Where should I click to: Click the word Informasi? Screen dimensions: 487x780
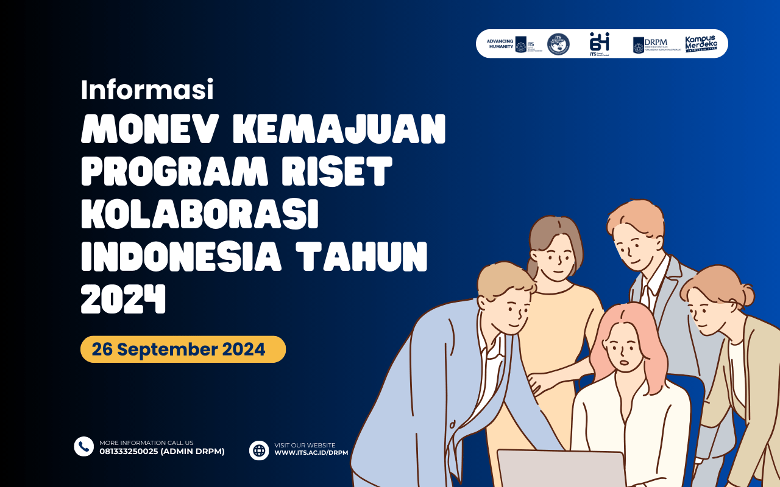point(147,91)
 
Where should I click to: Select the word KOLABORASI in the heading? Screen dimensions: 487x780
point(200,215)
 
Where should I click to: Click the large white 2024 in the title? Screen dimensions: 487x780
point(123,300)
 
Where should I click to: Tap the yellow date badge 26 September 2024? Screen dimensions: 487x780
point(183,349)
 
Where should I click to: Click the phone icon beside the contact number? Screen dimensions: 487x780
point(83,446)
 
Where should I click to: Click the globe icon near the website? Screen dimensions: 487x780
point(259,450)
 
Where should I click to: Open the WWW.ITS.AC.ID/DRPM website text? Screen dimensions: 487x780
point(311,453)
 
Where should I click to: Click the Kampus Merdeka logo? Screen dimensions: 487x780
point(701,44)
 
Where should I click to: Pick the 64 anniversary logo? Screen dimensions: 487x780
point(599,44)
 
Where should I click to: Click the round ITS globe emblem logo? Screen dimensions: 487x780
point(558,44)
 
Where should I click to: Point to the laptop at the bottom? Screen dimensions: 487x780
point(561,469)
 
